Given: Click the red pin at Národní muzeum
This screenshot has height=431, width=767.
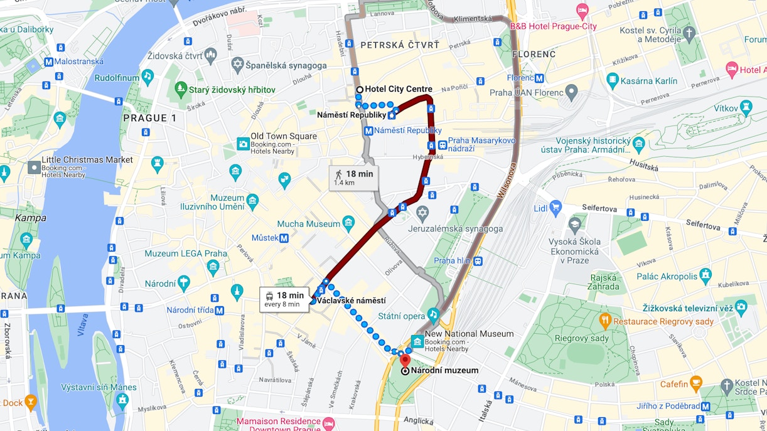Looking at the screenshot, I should click(405, 361).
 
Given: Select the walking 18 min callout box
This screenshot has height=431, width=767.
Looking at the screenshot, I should click(353, 178).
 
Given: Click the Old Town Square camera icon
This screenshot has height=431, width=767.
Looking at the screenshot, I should click(243, 144).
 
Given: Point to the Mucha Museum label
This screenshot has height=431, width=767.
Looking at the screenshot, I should click(308, 224).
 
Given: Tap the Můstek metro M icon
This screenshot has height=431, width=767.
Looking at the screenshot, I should click(284, 238).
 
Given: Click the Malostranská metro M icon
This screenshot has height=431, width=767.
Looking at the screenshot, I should click(48, 62).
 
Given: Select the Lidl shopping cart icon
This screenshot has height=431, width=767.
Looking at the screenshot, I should click(555, 208).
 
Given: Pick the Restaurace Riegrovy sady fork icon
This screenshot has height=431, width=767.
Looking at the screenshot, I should click(605, 322).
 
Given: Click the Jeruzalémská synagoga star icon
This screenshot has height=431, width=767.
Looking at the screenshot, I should click(422, 214).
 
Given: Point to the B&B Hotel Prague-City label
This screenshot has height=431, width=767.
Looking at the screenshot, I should click(553, 26).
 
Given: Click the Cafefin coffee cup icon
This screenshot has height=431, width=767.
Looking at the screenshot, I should click(695, 384).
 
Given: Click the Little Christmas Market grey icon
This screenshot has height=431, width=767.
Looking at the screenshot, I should click(34, 168).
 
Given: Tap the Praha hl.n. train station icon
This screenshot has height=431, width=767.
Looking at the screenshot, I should click(478, 260).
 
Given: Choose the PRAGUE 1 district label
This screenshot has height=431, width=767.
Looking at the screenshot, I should click(149, 118).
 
